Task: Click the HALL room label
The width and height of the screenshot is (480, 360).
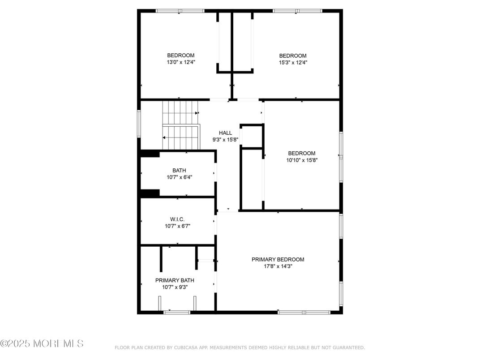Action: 225,133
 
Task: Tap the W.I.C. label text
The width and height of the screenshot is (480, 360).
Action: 177,219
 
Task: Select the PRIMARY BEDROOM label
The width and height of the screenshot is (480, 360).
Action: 278,259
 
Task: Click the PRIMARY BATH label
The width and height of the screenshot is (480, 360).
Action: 175,280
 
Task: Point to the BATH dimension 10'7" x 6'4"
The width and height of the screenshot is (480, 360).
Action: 179,177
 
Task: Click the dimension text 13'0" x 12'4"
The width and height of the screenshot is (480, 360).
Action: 180,62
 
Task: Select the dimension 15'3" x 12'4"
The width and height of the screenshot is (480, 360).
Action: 293,62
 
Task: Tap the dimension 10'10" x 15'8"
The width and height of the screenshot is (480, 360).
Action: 301,160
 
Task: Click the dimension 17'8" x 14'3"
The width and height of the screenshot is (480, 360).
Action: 278,266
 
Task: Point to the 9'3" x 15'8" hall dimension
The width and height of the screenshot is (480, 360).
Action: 225,140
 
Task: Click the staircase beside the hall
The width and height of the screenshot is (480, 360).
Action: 180,125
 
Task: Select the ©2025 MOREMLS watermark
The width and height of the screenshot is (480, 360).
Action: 42,344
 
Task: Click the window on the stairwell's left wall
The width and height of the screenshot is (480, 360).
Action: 139,124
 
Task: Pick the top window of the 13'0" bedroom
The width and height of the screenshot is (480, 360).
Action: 180,11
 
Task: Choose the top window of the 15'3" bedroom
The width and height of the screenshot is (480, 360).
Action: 297,11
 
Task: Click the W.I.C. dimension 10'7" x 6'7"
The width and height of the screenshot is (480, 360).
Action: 177,226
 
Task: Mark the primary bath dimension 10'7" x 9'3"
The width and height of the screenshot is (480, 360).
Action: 175,287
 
